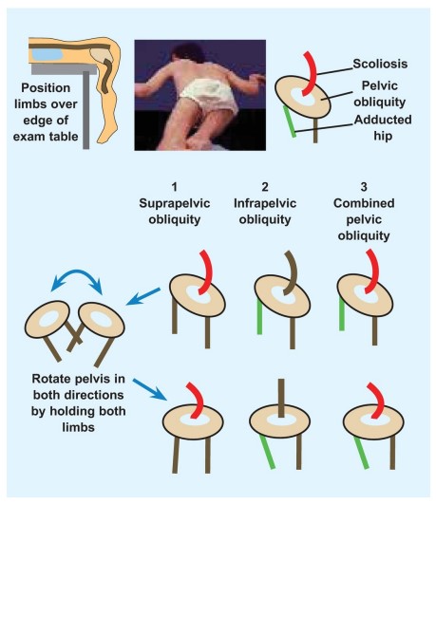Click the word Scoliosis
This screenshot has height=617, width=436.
(x=380, y=64)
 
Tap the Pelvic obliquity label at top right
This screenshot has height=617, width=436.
(x=379, y=94)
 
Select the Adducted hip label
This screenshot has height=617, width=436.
(x=383, y=127)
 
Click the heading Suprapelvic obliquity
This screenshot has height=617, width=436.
(x=175, y=211)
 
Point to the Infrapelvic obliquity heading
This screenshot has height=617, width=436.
(x=265, y=211)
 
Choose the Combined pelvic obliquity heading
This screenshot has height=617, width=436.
(x=364, y=219)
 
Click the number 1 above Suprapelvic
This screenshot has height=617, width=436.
(x=175, y=186)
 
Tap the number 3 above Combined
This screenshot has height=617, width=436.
(x=364, y=186)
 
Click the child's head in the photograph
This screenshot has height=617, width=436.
(x=187, y=53)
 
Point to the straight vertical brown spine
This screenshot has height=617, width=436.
(x=280, y=398)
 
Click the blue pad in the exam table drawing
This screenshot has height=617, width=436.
(x=47, y=54)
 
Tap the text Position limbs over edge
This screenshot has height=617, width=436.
(x=46, y=103)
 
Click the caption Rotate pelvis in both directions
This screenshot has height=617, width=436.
(x=78, y=386)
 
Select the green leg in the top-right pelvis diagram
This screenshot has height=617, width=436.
(x=290, y=122)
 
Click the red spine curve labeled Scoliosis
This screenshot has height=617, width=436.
(x=312, y=74)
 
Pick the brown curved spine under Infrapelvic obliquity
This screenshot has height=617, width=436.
(x=293, y=271)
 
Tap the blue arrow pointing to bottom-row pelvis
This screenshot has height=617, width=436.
(x=150, y=389)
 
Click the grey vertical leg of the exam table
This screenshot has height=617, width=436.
(x=85, y=112)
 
